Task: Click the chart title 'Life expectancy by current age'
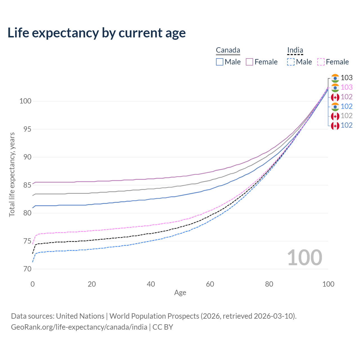coord(96,33)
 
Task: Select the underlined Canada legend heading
coord(228,50)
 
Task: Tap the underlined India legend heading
coord(295,50)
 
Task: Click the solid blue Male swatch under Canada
coord(220,62)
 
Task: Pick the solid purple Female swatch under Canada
coord(249,62)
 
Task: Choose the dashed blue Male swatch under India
coord(291,62)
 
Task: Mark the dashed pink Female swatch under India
coord(321,62)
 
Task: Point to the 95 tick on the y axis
coord(26,129)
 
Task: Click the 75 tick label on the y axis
coord(26,241)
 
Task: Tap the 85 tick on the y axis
coord(26,185)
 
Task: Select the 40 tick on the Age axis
coord(151,284)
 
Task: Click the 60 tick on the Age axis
coord(210,284)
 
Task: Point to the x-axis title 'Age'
coord(180,293)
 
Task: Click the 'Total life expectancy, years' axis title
coord(12,174)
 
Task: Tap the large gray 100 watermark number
coord(305,258)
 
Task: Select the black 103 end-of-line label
coord(346,78)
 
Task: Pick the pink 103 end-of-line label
coord(346,87)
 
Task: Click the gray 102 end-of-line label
coord(346,116)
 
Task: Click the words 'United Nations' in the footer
coord(80,316)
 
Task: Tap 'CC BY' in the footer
coord(163,327)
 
